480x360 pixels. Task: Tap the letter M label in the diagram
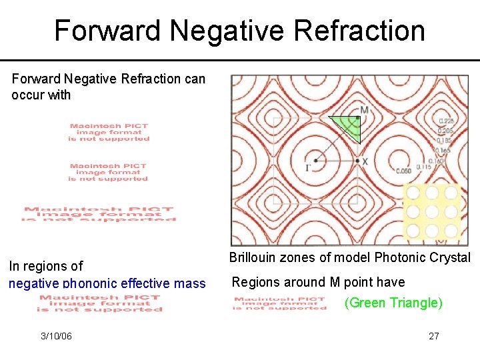click(x=363, y=110)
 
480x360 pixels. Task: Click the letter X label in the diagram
click(x=365, y=161)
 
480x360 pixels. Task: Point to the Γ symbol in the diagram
click(x=308, y=167)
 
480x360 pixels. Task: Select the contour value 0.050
click(x=403, y=171)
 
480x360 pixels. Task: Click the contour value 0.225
click(x=445, y=121)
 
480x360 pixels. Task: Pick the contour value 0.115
click(x=423, y=167)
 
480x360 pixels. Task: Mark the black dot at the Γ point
click(x=315, y=160)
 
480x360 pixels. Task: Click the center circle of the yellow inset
click(x=432, y=212)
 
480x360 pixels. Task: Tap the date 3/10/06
click(x=56, y=336)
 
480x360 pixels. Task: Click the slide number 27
click(x=433, y=336)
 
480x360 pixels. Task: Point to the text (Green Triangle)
click(x=393, y=303)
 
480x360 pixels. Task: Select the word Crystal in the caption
click(x=451, y=258)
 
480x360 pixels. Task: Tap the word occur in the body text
click(x=28, y=95)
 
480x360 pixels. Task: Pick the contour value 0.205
click(x=445, y=131)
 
